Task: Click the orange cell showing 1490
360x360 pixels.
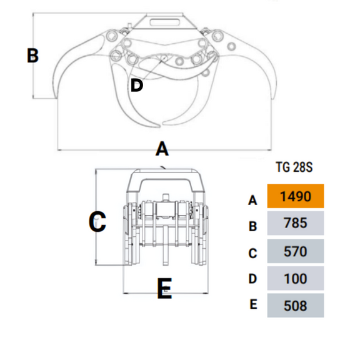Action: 296,197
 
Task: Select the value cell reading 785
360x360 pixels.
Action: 296,223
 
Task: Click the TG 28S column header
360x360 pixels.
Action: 294,167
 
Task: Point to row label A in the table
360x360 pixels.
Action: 252,200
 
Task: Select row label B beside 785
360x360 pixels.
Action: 252,226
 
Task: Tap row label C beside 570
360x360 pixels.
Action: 252,253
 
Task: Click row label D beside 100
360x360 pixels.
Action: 252,279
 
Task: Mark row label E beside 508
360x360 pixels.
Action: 252,305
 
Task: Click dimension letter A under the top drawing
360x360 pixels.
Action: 162,149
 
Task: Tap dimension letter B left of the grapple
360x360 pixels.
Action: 32,56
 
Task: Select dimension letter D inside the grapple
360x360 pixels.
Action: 137,85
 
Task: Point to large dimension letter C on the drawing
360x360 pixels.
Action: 97,221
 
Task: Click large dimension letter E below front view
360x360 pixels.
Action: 164,288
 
